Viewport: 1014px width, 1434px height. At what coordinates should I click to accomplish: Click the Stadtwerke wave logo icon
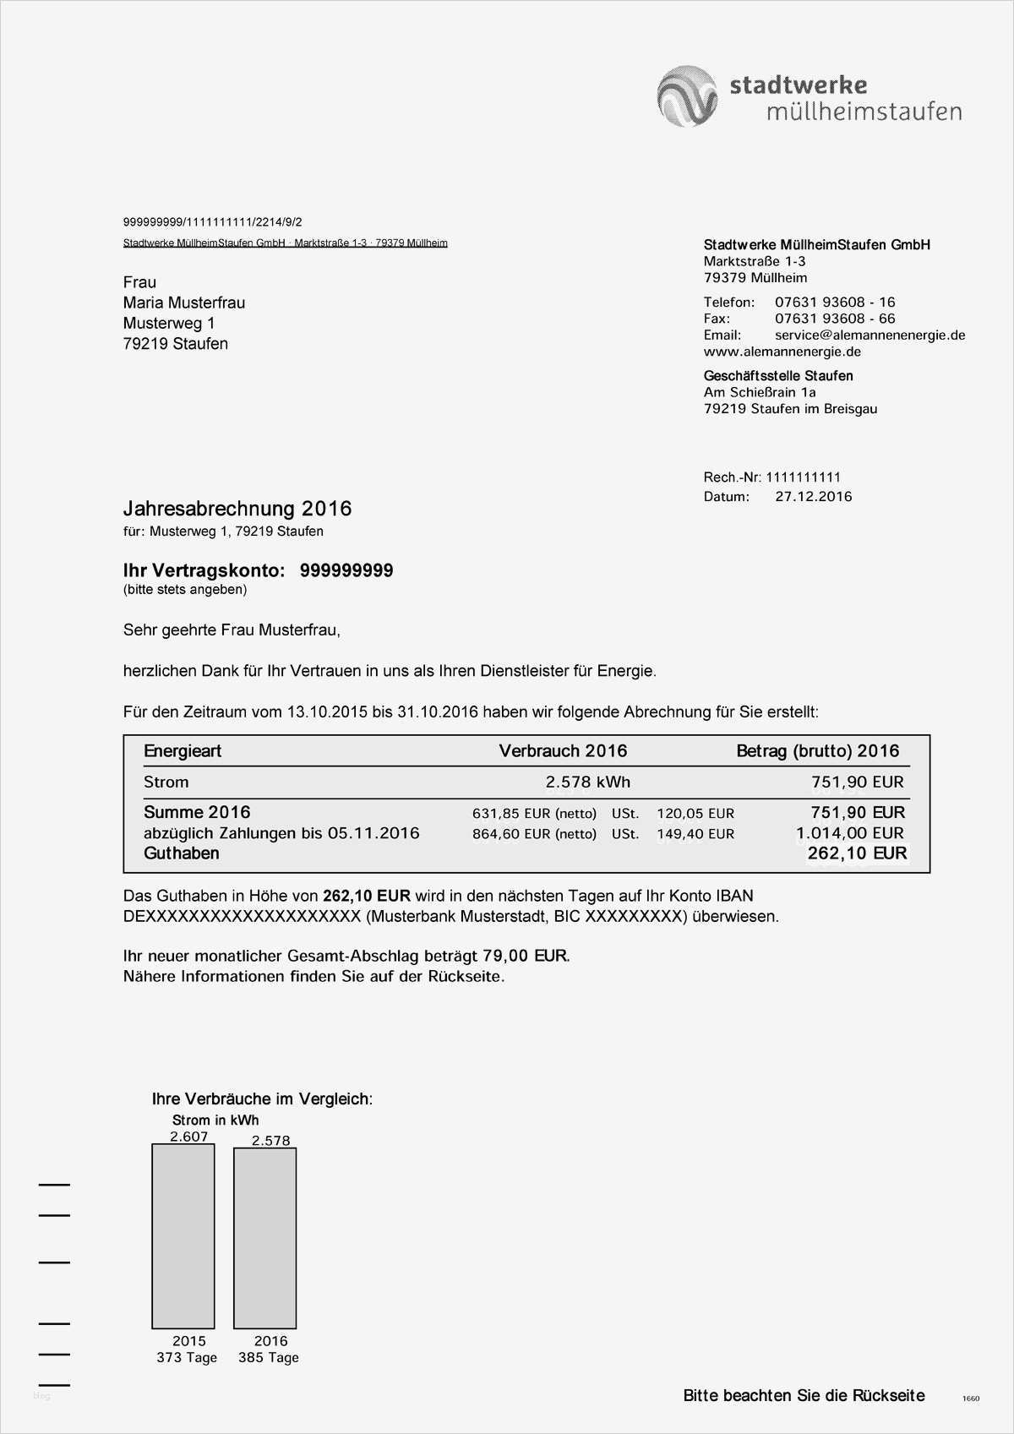click(x=687, y=96)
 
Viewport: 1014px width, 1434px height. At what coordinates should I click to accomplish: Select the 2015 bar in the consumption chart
click(x=183, y=1235)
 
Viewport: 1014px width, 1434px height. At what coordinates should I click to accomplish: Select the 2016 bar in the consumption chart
click(x=264, y=1237)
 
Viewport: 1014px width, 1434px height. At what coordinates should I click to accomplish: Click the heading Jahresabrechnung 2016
click(x=237, y=509)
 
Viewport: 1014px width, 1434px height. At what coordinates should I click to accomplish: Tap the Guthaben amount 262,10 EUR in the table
click(x=857, y=853)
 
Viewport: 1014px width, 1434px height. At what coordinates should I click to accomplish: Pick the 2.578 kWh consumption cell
click(x=587, y=782)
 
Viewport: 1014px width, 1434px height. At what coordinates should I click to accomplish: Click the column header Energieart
click(x=183, y=751)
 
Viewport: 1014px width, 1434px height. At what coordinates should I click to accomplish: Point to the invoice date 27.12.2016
click(x=813, y=497)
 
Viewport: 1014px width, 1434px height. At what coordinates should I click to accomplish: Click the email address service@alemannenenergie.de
click(x=870, y=335)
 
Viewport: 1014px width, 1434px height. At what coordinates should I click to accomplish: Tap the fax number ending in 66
click(x=834, y=319)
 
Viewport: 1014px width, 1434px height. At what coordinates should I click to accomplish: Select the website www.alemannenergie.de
click(x=782, y=352)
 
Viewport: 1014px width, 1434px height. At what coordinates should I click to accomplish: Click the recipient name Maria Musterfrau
click(x=184, y=303)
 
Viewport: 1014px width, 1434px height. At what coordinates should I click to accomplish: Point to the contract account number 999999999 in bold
click(x=346, y=571)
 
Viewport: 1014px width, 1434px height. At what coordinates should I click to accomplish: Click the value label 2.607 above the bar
click(x=188, y=1137)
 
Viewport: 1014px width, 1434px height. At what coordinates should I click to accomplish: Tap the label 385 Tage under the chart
click(x=269, y=1358)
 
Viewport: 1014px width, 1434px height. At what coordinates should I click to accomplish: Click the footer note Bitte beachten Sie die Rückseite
click(x=804, y=1396)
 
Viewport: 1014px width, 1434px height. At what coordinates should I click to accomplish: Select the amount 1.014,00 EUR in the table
click(x=850, y=833)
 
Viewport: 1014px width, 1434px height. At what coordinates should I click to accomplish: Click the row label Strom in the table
click(x=166, y=782)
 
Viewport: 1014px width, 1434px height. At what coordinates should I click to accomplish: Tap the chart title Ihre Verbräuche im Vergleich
click(x=262, y=1099)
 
